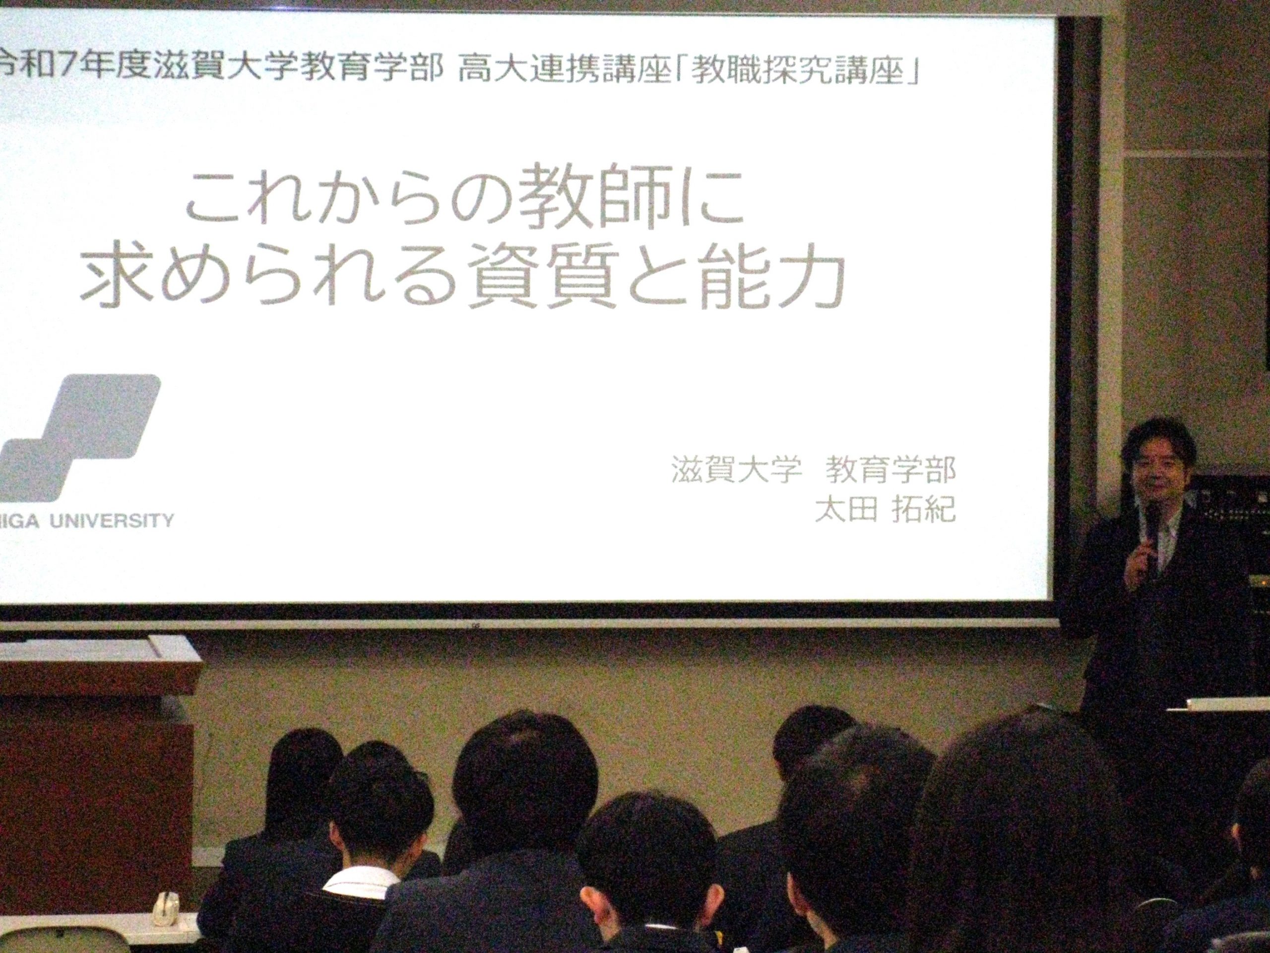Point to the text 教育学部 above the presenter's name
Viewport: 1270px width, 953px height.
(890, 472)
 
